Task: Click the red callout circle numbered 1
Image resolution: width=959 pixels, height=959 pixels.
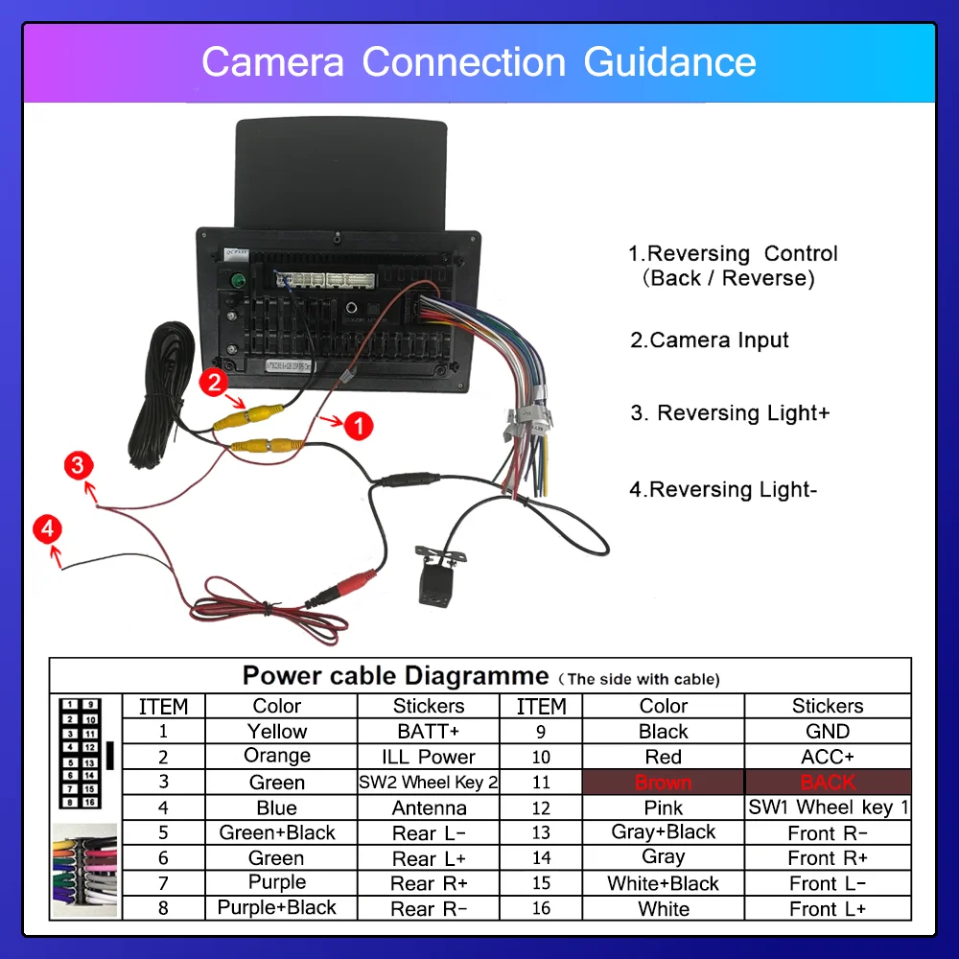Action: coord(358,426)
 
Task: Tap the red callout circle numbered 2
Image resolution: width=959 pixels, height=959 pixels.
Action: coord(214,384)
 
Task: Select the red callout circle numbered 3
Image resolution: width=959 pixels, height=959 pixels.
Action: coord(79,467)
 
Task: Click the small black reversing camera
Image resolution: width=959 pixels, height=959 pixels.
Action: coord(437,575)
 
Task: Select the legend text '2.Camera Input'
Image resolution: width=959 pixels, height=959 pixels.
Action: coord(710,340)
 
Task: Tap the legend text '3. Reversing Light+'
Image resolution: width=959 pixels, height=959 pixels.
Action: coord(730,413)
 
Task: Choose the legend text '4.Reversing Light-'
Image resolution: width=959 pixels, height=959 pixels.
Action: coord(723,490)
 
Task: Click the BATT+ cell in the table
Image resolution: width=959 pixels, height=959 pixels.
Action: coord(429,731)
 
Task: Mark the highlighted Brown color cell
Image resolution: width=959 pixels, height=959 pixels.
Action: coord(663,783)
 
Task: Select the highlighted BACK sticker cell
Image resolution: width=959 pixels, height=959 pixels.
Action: coord(828,783)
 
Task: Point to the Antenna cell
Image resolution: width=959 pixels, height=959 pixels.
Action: coord(429,807)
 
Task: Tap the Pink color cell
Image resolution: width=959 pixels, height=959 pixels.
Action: coord(663,807)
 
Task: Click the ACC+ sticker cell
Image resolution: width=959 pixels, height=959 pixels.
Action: coord(828,757)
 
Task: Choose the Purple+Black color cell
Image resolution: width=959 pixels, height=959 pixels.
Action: coord(277,907)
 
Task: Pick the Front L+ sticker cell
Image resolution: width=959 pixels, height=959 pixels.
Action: coord(828,908)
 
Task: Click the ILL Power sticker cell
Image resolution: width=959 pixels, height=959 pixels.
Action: coord(429,757)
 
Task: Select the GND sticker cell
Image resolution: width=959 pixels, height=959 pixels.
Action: coord(828,731)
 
